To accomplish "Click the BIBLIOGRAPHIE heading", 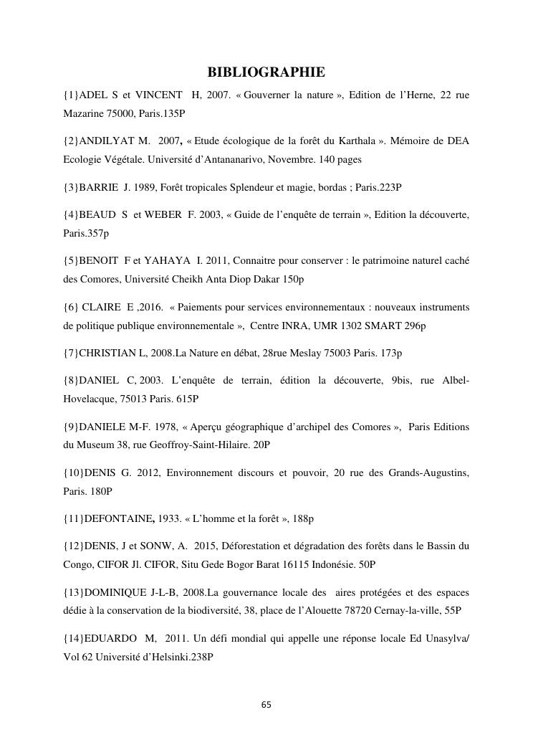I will pos(266,72).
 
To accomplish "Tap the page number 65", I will pos(266,704).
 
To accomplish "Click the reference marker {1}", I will pos(71,95).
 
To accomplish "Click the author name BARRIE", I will pos(102,187).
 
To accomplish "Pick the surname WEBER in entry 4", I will pos(171,214).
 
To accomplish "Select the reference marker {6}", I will pos(71,307).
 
